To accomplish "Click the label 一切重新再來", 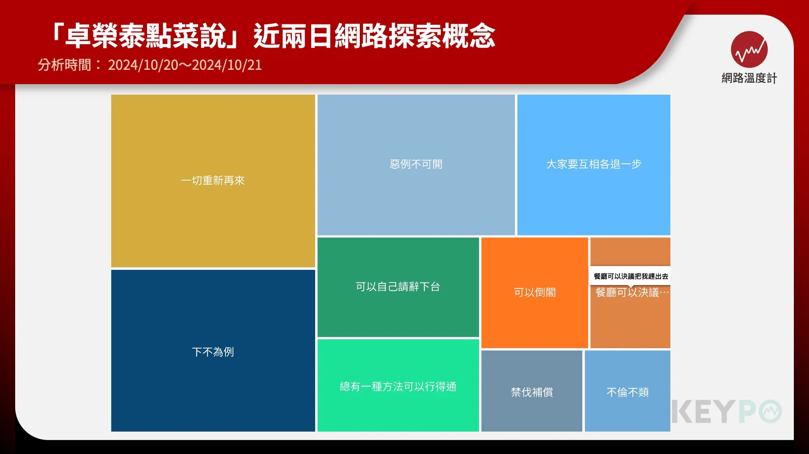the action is pos(213,181).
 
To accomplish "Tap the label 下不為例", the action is pos(213,352).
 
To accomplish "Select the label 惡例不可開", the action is pos(416,164).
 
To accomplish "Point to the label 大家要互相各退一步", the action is pos(594,164).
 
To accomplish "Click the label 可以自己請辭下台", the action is pos(398,287).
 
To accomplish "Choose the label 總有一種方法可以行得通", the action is pos(398,387).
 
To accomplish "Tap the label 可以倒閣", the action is pos(535,292).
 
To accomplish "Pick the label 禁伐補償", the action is pos(532,392).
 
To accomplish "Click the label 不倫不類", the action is pos(627,392).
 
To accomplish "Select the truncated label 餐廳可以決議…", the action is pos(632,292).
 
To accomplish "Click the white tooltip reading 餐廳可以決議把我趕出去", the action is pos(630,276).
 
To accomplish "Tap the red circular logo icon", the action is pos(749,49).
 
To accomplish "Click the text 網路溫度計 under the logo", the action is pos(749,78).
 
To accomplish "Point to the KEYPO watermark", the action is pos(727,411).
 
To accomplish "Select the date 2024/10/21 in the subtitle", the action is pos(227,65).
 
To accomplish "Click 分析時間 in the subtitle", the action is pos(64,65).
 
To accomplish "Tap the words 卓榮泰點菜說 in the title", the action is pos(146,35).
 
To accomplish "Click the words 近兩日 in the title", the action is pos(294,35).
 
